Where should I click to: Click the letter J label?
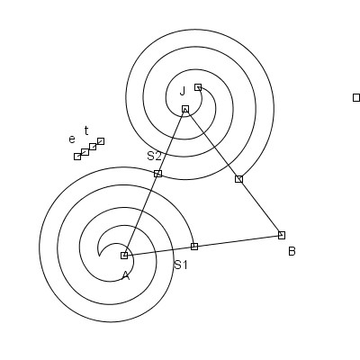click(x=183, y=91)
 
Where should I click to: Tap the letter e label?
click(x=72, y=139)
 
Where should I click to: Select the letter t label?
click(x=86, y=130)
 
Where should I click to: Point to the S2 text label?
click(x=154, y=156)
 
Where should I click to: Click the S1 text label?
click(x=181, y=265)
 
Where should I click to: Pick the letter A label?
click(x=126, y=275)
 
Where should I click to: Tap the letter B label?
click(x=292, y=251)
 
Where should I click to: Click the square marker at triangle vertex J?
click(x=185, y=109)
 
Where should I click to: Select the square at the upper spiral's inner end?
click(x=198, y=87)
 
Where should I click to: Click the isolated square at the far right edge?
click(x=356, y=98)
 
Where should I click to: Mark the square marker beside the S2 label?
click(x=157, y=174)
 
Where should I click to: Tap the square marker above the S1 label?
click(x=194, y=247)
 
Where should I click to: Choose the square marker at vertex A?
click(x=124, y=256)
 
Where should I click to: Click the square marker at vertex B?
click(x=282, y=235)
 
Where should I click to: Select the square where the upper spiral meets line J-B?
click(x=238, y=179)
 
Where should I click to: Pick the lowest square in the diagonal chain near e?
click(x=77, y=157)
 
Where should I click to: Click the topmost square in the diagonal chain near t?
click(x=101, y=141)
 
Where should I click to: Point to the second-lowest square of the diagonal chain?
click(x=85, y=152)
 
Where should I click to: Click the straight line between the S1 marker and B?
click(x=238, y=241)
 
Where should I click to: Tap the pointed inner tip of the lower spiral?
click(x=99, y=256)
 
